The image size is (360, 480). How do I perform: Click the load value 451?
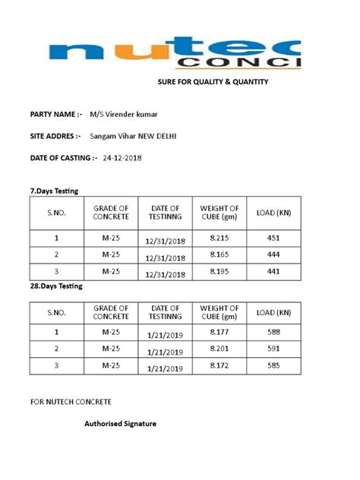coord(274,237)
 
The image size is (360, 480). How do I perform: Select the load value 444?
coord(274,254)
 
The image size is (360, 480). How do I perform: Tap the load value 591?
coord(274,349)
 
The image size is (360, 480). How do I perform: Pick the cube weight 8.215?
coord(219,237)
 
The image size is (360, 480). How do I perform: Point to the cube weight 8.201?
coord(219,349)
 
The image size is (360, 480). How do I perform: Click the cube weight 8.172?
coord(219,366)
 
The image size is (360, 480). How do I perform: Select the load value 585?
coord(274,366)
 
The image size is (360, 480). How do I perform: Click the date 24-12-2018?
coord(122,158)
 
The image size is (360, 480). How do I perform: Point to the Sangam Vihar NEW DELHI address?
coord(134,136)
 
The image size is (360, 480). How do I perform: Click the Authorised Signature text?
coord(120,423)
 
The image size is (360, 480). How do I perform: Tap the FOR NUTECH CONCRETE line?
coord(71,400)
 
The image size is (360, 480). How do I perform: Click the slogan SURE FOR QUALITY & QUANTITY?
coord(213,81)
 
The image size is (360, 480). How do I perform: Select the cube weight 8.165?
coord(219,254)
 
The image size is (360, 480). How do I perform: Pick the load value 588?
coord(274,331)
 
